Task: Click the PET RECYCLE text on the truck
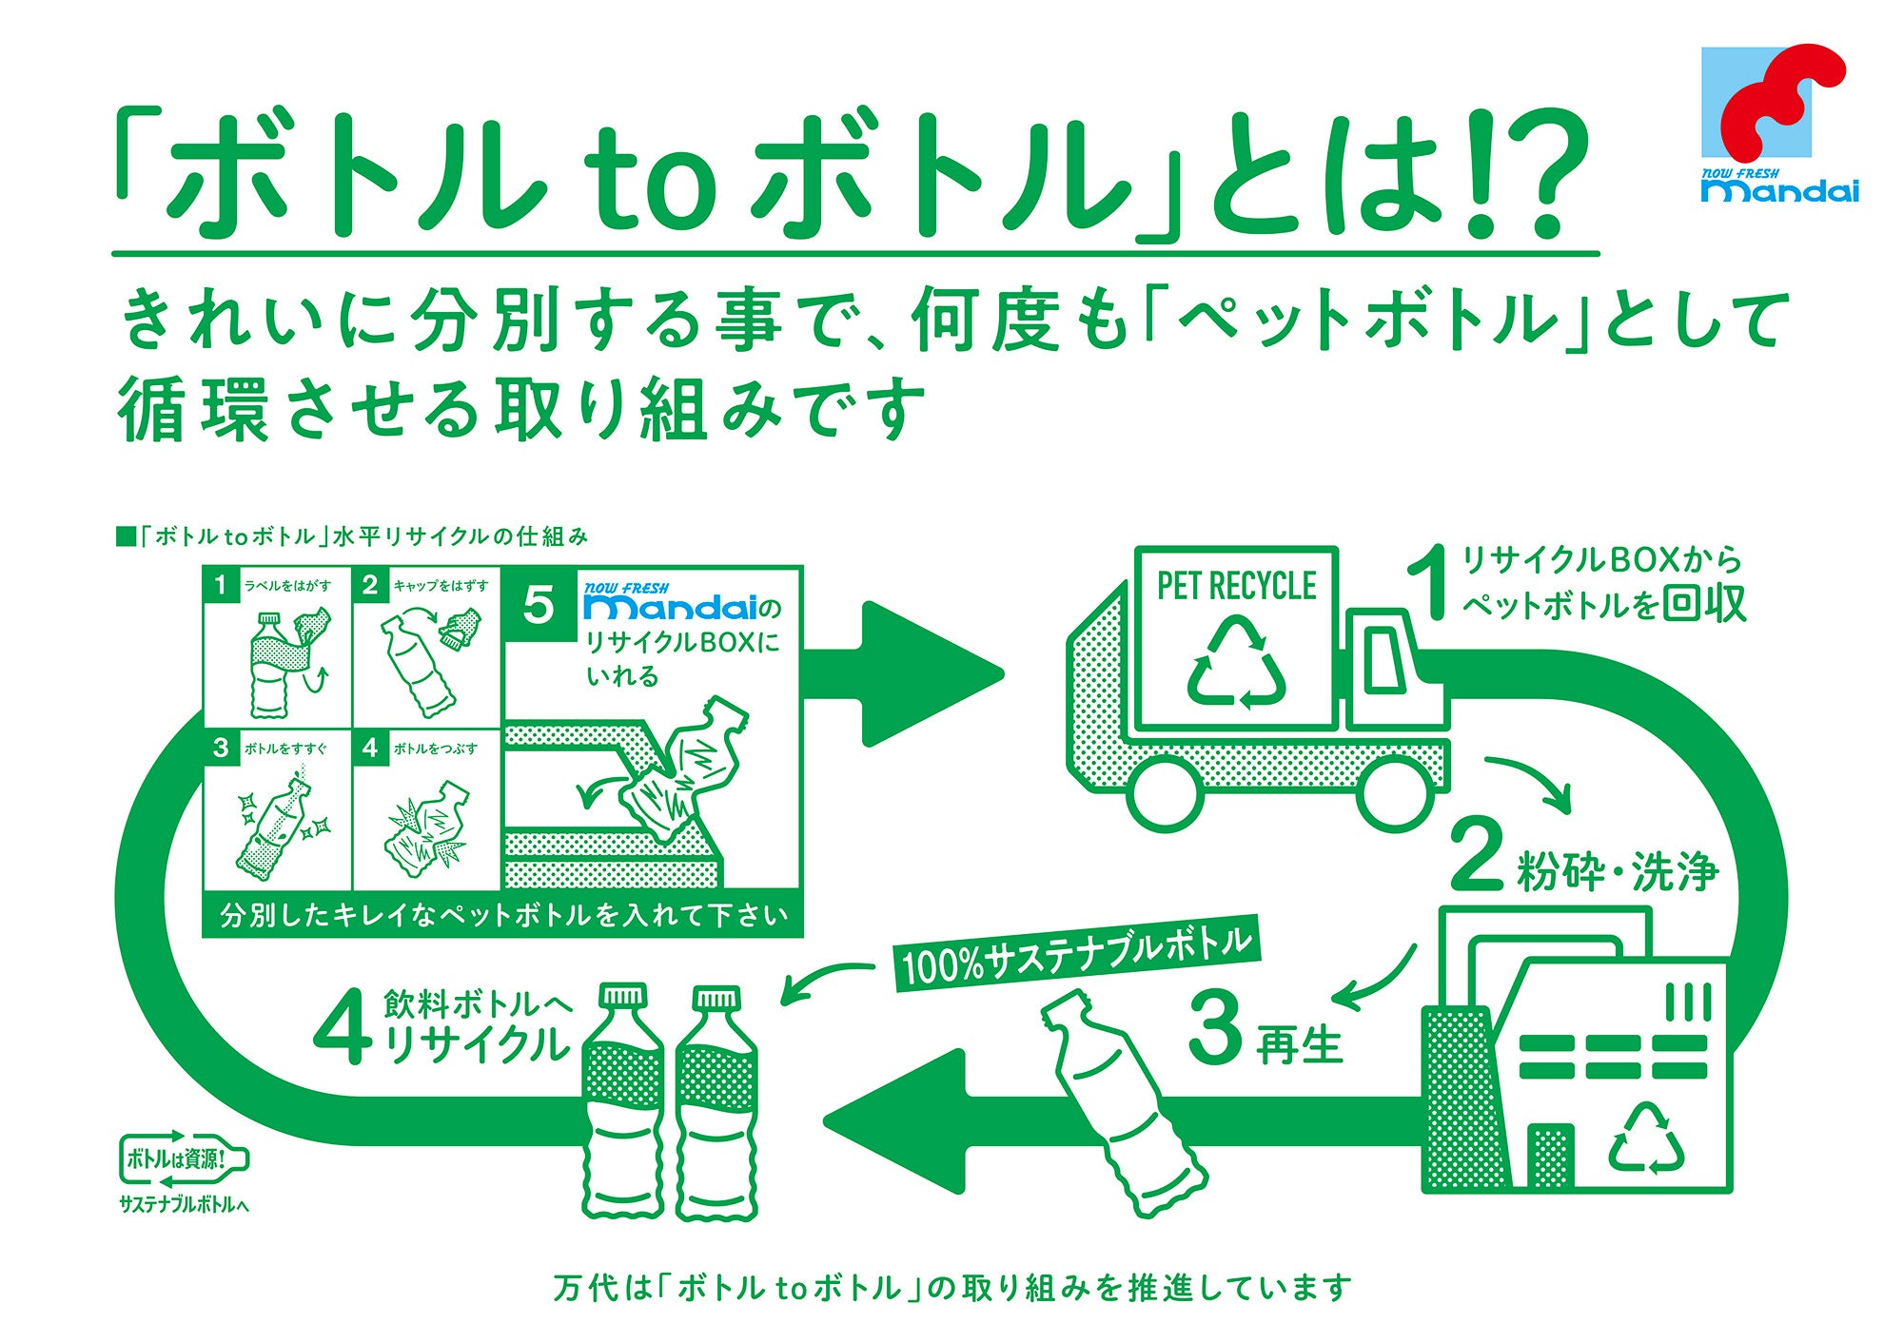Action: (x=1236, y=586)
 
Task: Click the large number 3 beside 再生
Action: (x=1216, y=1027)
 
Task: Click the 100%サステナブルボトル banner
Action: (x=1075, y=953)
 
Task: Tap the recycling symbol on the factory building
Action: (x=1646, y=1139)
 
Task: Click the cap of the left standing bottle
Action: (x=623, y=997)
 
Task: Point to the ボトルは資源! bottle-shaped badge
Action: (x=184, y=1158)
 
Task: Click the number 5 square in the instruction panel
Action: (x=539, y=605)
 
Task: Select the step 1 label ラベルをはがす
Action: (x=287, y=586)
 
